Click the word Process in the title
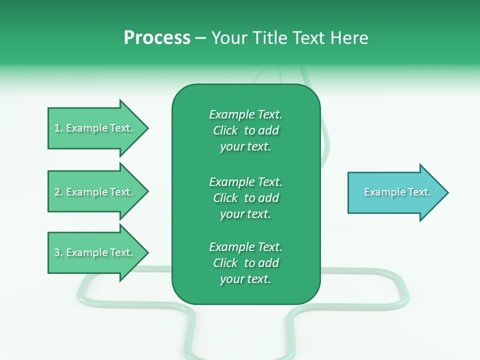(157, 38)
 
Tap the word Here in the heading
(349, 38)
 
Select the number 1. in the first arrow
(58, 128)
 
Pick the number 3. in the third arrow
(58, 253)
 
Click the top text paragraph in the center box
(245, 130)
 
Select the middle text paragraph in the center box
(245, 198)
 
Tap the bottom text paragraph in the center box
(245, 263)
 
